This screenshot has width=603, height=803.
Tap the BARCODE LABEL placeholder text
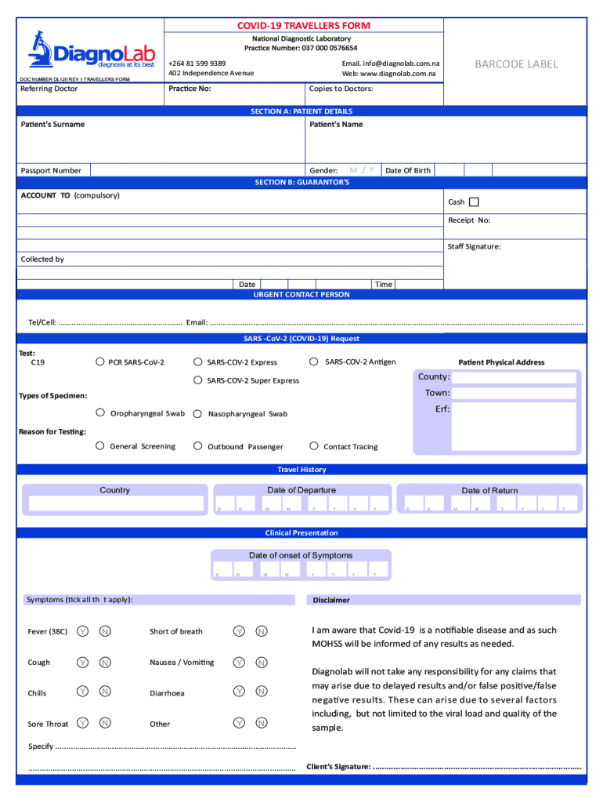[515, 64]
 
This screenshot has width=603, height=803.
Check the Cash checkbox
[474, 202]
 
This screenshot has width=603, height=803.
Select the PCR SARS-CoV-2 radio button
[100, 362]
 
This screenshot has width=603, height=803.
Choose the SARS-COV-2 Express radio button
[198, 362]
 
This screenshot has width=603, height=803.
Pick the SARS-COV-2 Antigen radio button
[314, 362]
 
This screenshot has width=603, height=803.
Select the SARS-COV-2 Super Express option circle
[198, 380]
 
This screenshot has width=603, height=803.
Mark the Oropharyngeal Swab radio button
[100, 412]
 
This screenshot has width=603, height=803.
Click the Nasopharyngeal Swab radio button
[198, 413]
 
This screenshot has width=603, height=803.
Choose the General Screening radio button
[100, 445]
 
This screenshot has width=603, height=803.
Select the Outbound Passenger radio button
[198, 446]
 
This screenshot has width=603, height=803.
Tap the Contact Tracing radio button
[314, 446]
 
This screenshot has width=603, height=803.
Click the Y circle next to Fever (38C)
[82, 631]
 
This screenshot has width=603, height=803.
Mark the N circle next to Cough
[105, 663]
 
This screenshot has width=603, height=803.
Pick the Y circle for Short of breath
[239, 631]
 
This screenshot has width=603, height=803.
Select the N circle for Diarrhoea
[262, 692]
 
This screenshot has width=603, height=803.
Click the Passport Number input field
[196, 170]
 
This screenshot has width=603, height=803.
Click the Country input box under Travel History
[114, 504]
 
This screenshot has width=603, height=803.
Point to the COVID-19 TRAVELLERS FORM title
[304, 25]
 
